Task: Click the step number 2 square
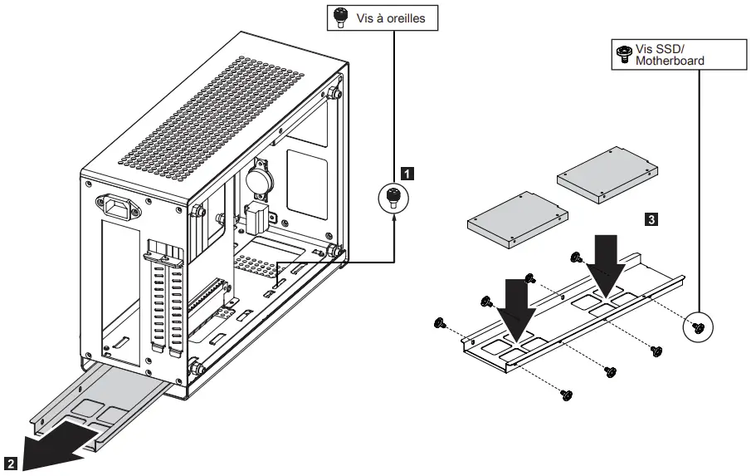click(10, 462)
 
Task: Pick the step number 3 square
click(651, 219)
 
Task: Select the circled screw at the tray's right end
click(698, 327)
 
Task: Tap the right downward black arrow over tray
click(607, 263)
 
